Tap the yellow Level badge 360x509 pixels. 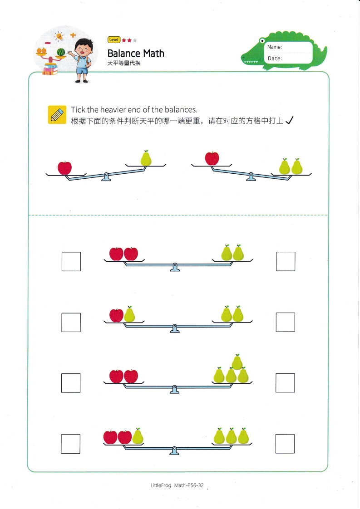113,40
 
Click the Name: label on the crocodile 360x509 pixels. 274,47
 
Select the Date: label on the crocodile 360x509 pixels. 275,59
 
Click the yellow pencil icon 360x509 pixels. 57,115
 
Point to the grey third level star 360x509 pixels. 135,40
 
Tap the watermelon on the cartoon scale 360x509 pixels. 61,52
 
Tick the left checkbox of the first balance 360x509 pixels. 71,261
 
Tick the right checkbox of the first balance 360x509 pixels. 286,261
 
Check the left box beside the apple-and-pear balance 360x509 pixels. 71,323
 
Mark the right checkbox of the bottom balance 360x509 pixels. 285,444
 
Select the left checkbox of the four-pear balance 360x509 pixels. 71,383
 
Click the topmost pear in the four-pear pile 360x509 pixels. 237,362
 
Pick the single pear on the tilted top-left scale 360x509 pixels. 146,158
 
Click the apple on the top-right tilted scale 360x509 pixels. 212,158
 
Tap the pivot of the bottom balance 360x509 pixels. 174,450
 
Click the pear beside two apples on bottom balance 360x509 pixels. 138,436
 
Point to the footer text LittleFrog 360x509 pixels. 161,485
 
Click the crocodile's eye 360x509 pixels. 262,41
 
